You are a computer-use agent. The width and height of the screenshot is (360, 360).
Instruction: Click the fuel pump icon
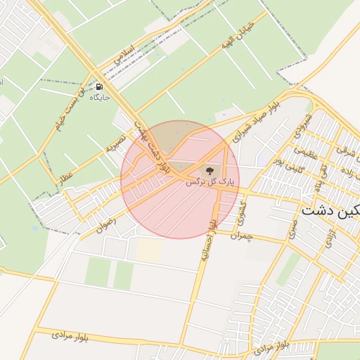[98, 87]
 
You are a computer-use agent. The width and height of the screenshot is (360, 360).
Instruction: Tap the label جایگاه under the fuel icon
[101, 97]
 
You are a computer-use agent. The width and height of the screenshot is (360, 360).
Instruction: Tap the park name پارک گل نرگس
[209, 181]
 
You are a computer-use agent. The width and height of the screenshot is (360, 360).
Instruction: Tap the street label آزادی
[328, 239]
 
